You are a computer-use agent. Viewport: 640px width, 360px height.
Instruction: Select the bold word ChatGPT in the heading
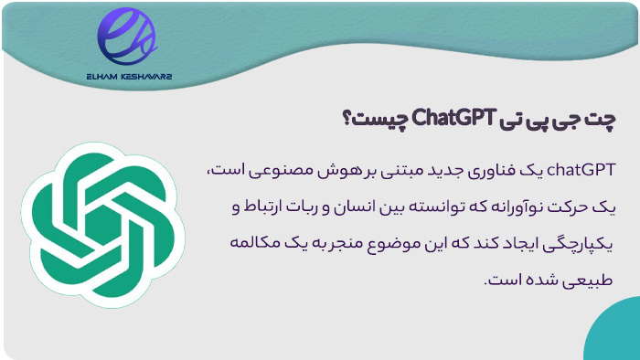pos(453,118)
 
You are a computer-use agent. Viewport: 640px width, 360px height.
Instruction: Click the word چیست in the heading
pos(379,118)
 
